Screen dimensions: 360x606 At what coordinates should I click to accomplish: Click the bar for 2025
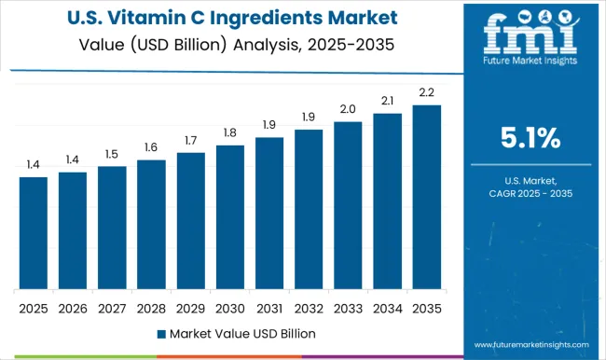(33, 232)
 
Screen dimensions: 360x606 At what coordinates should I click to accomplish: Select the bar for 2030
(230, 216)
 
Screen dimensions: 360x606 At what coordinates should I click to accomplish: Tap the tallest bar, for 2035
(427, 197)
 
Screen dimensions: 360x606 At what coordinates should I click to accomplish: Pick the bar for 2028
(151, 224)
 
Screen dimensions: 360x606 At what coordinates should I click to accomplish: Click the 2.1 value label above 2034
(388, 101)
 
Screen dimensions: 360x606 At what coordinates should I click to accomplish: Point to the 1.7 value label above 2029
(191, 140)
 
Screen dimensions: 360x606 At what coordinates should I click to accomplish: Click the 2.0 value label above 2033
(349, 109)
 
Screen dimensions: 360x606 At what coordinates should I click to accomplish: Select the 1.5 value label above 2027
(112, 154)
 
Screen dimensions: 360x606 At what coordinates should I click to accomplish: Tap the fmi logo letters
(528, 35)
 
